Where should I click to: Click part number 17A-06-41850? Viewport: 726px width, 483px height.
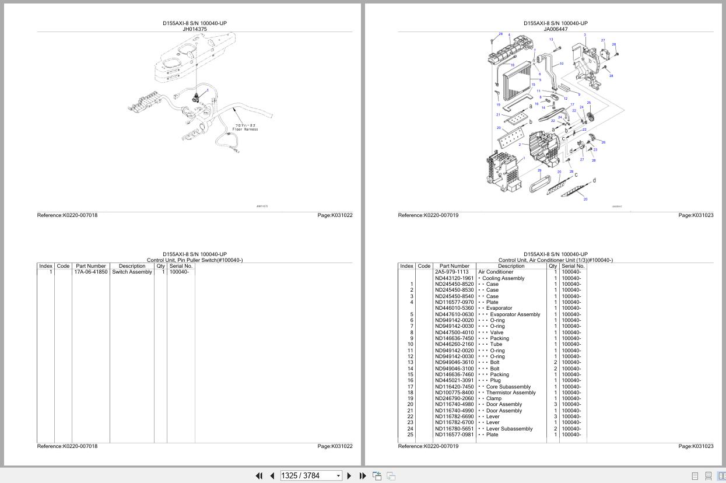coord(90,272)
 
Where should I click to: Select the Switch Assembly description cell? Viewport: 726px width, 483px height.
coord(132,272)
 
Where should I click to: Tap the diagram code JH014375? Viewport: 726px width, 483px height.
coord(194,29)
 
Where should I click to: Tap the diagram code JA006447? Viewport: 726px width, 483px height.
coord(555,29)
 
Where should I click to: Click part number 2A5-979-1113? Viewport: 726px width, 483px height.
coord(451,272)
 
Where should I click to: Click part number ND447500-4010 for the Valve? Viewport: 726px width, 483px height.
coord(454,332)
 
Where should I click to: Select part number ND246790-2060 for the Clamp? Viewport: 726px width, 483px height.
coord(454,398)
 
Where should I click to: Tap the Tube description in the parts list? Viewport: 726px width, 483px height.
coord(495,344)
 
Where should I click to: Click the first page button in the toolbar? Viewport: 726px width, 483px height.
coord(259,475)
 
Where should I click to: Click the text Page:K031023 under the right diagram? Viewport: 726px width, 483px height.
coord(696,215)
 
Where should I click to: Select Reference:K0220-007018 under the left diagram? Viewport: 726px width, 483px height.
coord(68,215)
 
